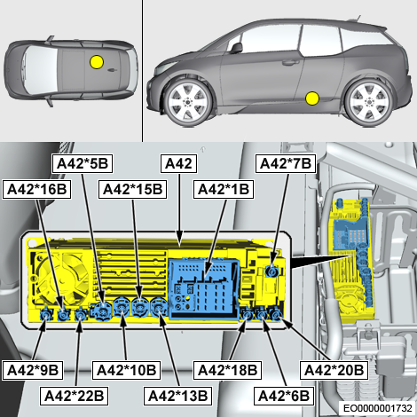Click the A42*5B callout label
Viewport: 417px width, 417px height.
[83, 163]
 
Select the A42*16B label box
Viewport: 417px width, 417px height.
[36, 189]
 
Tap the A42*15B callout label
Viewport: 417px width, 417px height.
[132, 189]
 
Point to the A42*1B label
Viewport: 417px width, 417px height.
[224, 189]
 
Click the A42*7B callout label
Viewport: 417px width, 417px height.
[286, 163]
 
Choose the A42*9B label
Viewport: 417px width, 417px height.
[33, 370]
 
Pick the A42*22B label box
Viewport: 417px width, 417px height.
[74, 396]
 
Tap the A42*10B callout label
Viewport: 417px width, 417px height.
[126, 370]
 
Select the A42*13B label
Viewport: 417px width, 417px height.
[177, 396]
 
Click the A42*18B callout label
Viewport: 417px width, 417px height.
[227, 370]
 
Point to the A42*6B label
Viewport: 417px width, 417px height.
[284, 396]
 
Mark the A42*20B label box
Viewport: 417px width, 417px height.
[334, 370]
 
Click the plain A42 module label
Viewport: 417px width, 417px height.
[178, 163]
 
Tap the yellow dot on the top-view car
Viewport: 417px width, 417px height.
[97, 62]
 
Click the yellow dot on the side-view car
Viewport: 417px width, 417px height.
[312, 98]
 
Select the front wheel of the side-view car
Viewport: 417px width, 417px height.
[187, 103]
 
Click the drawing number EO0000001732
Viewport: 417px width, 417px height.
[378, 408]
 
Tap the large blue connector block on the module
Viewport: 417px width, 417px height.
[203, 289]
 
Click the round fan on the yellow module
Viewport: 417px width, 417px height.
[63, 279]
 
